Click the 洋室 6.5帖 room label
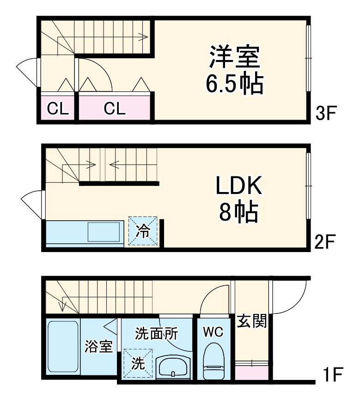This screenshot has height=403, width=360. (x=234, y=69)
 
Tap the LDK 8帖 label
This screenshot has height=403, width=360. (x=238, y=198)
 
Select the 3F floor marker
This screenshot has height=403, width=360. (x=327, y=113)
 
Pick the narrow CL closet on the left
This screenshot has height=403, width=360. (x=58, y=109)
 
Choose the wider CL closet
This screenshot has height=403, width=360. (x=114, y=109)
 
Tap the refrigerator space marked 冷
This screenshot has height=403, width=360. (x=143, y=231)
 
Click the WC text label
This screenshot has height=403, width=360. (x=214, y=331)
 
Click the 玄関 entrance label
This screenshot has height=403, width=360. (x=252, y=321)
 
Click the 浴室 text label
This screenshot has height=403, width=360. (x=98, y=346)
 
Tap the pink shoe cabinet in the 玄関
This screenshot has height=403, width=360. (x=252, y=371)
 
